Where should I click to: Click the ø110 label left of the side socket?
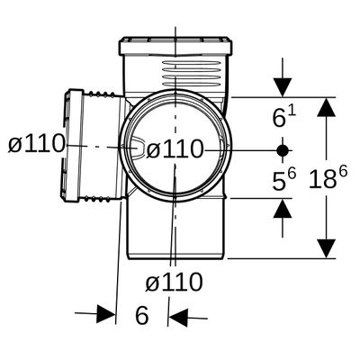(x=37, y=143)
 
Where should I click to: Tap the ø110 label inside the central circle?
(x=175, y=149)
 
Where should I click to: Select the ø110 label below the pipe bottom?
(x=174, y=282)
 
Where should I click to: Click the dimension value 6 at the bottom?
(x=142, y=315)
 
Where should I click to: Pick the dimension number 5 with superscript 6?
(x=283, y=179)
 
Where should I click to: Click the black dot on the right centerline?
(x=283, y=150)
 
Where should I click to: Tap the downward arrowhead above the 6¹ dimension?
(x=283, y=87)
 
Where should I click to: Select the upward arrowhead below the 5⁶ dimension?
(x=283, y=208)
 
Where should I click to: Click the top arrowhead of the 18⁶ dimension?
(x=326, y=107)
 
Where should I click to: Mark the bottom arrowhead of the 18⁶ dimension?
(x=326, y=248)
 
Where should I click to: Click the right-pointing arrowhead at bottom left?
(x=106, y=314)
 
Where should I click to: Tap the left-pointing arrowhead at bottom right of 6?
(x=178, y=318)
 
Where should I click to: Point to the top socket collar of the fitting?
(x=175, y=47)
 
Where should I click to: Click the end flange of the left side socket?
(x=73, y=146)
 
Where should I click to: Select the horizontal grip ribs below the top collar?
(x=191, y=74)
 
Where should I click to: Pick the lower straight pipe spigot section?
(x=175, y=228)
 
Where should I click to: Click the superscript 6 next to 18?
(x=343, y=172)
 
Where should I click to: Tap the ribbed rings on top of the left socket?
(x=101, y=94)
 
